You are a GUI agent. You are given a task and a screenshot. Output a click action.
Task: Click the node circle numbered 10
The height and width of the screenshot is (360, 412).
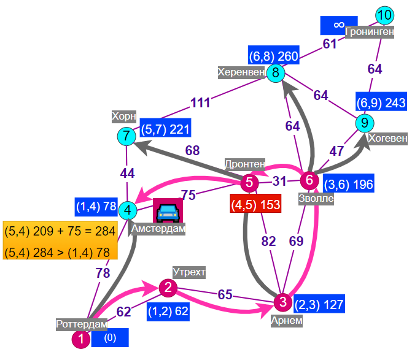pyautogui.click(x=384, y=15)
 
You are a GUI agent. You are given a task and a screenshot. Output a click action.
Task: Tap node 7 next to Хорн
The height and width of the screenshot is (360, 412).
pyautogui.click(x=126, y=136)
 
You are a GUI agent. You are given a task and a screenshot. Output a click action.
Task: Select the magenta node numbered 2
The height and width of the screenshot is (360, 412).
pyautogui.click(x=168, y=288)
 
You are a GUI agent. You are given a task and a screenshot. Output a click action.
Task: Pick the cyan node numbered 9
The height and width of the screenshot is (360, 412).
pyautogui.click(x=365, y=123)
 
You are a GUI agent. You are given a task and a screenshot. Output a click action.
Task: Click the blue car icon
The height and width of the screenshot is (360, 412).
pyautogui.click(x=168, y=212)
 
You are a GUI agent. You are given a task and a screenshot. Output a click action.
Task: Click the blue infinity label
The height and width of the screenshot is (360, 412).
pyautogui.click(x=339, y=25)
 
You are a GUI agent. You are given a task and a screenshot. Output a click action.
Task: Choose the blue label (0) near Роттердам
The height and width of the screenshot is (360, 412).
pyautogui.click(x=110, y=338)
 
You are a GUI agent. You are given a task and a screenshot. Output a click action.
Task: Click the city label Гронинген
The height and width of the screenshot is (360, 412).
pyautogui.click(x=370, y=32)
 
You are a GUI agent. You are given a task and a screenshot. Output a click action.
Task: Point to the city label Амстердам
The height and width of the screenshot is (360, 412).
pyautogui.click(x=158, y=229)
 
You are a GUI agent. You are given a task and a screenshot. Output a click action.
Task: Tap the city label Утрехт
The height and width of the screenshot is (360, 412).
pyautogui.click(x=189, y=272)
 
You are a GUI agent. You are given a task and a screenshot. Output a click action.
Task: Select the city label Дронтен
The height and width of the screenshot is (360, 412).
pyautogui.click(x=245, y=164)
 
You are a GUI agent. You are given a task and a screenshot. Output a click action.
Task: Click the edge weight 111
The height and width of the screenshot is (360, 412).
pyautogui.click(x=201, y=102)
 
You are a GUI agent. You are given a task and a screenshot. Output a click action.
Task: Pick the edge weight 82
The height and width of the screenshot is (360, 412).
pyautogui.click(x=268, y=242)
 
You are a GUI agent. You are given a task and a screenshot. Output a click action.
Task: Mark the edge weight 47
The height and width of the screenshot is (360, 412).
pyautogui.click(x=336, y=151)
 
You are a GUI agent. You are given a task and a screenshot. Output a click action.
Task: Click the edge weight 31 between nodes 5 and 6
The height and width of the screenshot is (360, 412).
pyautogui.click(x=279, y=181)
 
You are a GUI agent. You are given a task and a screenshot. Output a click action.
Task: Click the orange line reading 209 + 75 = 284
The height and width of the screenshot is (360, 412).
pyautogui.click(x=60, y=231)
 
